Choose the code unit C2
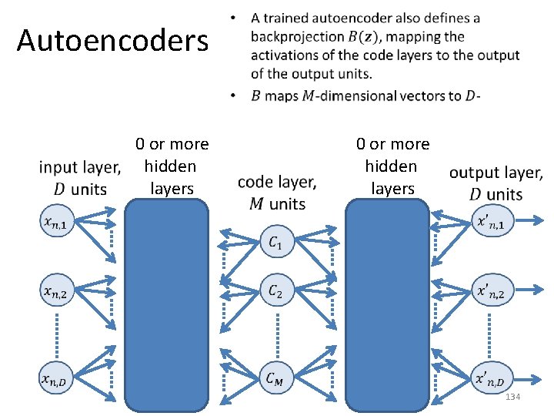click(x=276, y=292)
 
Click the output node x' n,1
click(x=492, y=223)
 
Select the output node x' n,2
click(x=492, y=292)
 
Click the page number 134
click(x=512, y=396)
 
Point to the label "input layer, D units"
click(x=80, y=177)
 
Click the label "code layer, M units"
click(x=277, y=193)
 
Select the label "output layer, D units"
click(x=496, y=183)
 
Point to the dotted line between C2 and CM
click(x=276, y=334)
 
